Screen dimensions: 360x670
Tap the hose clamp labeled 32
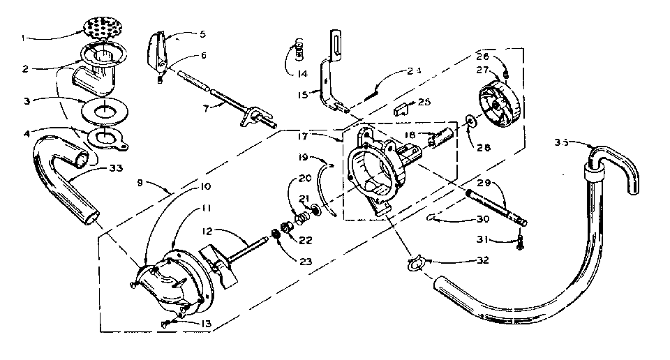point(415,264)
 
